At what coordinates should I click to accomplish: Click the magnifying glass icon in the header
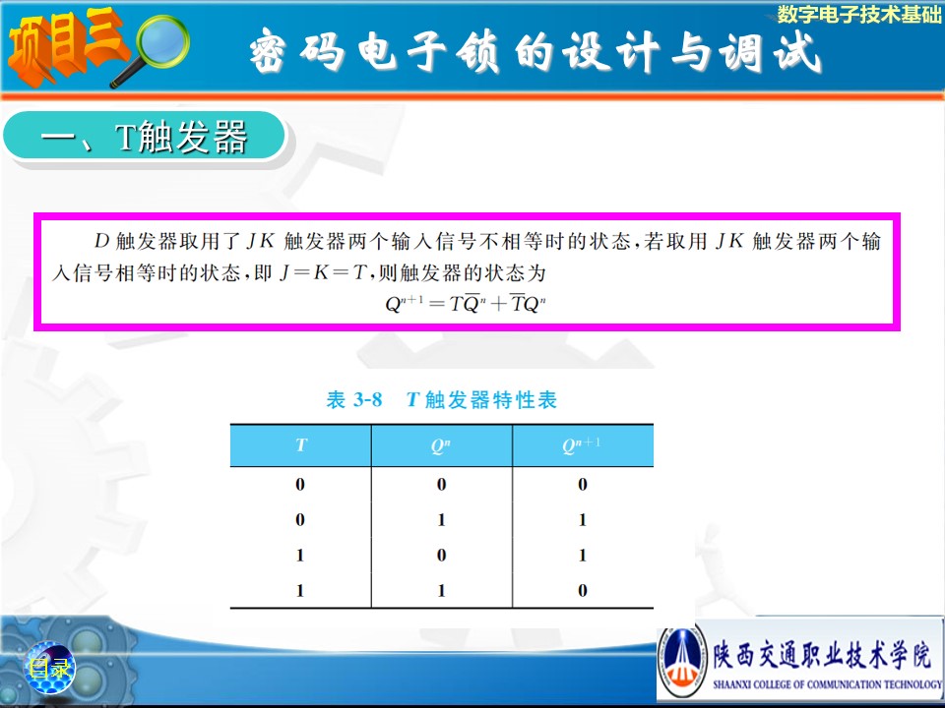157,47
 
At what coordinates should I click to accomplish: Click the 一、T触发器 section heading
145,136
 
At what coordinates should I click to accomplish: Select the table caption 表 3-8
353,400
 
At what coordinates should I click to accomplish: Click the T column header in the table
301,444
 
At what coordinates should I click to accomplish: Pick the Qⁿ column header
441,444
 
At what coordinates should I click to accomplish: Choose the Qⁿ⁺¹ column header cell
582,444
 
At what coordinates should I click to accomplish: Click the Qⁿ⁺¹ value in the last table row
582,590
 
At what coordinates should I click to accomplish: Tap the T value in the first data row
300,484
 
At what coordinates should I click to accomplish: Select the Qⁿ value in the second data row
441,519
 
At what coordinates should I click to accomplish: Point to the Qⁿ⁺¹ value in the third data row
582,555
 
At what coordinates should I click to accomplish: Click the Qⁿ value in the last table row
441,590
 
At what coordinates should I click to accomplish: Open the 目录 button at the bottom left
49,668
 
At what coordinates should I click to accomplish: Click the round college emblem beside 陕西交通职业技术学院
681,662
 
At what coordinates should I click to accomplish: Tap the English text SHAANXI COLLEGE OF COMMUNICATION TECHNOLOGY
827,684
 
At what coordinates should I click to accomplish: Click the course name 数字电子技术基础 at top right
858,15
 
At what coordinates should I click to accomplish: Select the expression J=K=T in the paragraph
324,272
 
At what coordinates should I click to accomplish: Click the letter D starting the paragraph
101,241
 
